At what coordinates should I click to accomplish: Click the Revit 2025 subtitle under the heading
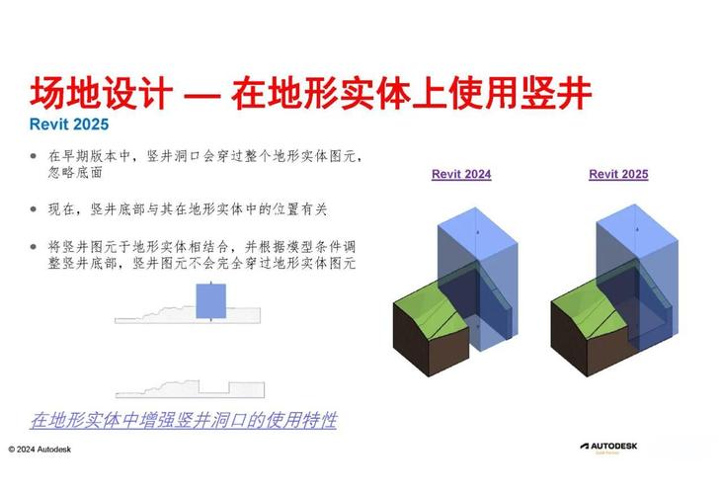(x=69, y=125)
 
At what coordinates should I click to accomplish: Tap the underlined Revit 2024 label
(x=461, y=174)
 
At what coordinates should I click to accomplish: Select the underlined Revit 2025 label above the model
(x=618, y=174)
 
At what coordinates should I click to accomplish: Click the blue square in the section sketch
(x=211, y=301)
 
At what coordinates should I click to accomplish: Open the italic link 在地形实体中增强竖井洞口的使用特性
(x=184, y=420)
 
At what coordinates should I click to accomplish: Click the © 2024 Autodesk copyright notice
(x=45, y=449)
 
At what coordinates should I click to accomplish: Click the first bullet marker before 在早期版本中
(x=34, y=156)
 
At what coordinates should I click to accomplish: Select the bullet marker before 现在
(x=34, y=209)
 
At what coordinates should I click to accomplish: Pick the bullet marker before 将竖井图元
(x=34, y=245)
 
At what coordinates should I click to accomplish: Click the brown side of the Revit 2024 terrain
(x=425, y=341)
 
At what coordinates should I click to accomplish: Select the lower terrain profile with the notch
(x=188, y=389)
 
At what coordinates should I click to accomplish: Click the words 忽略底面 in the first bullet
(x=79, y=174)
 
